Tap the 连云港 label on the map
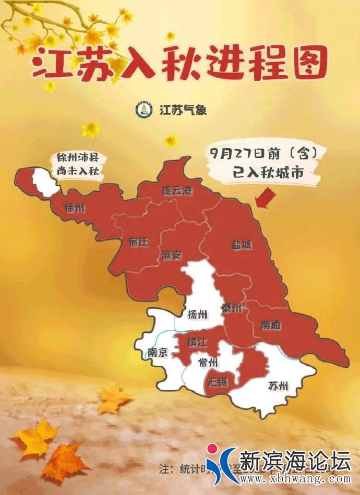tap(176, 191)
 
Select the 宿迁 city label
tap(138, 242)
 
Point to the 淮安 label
tap(171, 255)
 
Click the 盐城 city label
tap(241, 244)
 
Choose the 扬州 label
tap(197, 314)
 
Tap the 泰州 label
tap(231, 308)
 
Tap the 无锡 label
tap(218, 381)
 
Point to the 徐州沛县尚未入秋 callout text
tap(77, 164)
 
